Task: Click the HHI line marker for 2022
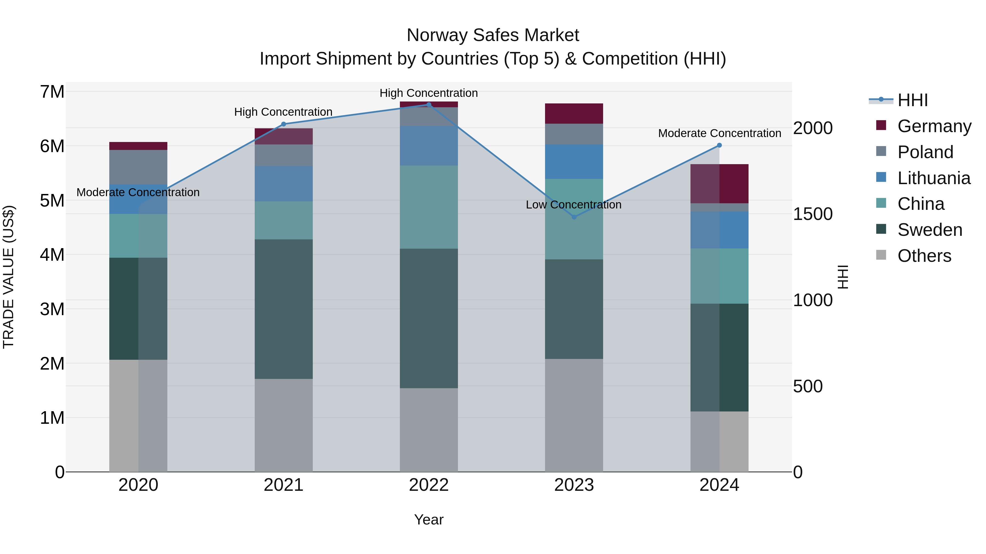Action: [x=429, y=105]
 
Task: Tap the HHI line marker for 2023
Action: [x=574, y=217]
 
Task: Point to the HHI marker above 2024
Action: [x=719, y=145]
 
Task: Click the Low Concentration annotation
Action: [x=573, y=205]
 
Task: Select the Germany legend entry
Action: [x=934, y=126]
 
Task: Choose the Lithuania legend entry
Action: [x=934, y=178]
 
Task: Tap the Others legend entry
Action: [x=924, y=256]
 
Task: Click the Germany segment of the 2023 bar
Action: [x=574, y=114]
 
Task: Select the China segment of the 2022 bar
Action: [x=429, y=207]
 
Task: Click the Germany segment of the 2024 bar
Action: [x=719, y=184]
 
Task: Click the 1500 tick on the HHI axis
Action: [x=812, y=214]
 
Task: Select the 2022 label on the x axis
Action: [x=429, y=485]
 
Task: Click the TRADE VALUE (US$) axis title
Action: [x=8, y=277]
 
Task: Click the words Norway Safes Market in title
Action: [x=493, y=35]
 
